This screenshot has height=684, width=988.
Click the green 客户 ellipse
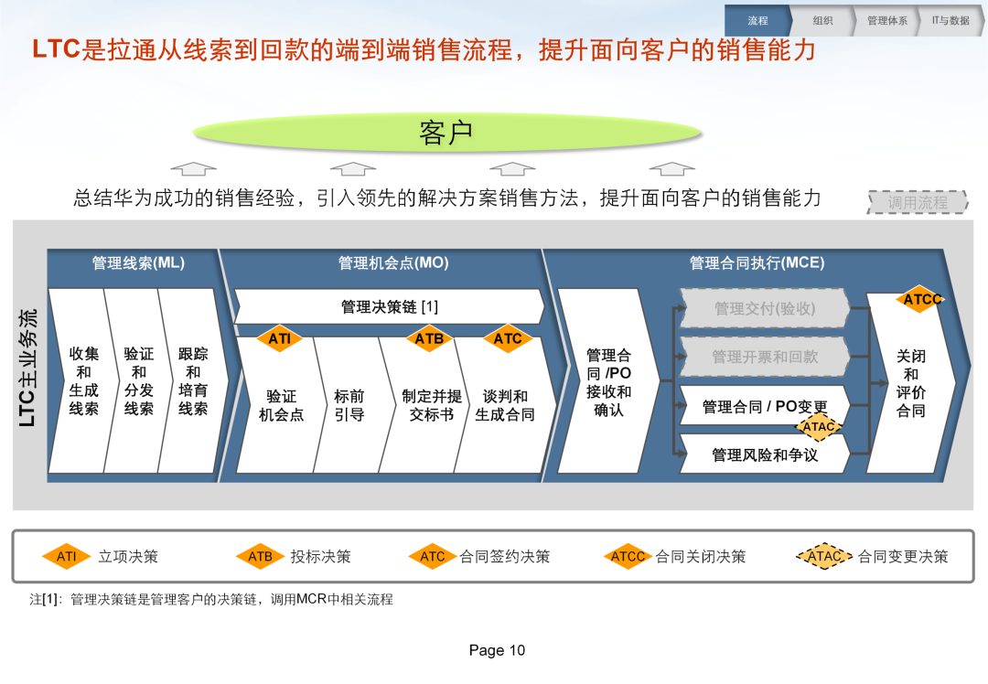tap(446, 133)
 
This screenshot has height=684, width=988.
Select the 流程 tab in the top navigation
tap(757, 21)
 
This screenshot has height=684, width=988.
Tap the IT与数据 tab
tap(950, 21)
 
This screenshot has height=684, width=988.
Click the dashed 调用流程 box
tap(918, 202)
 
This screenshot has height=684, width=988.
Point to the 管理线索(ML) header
tap(138, 262)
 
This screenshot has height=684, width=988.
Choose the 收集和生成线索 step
tap(83, 380)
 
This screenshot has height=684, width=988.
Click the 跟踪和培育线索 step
tap(193, 380)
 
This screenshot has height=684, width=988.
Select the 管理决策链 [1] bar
tap(389, 306)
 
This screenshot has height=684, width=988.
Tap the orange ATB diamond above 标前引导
tap(429, 339)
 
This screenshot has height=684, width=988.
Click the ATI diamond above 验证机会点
tap(280, 339)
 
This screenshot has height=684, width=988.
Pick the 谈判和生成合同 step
tap(505, 405)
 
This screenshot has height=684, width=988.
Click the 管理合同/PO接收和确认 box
tap(608, 381)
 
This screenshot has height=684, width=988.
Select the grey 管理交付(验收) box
tap(764, 308)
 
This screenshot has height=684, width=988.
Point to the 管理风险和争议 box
tap(764, 454)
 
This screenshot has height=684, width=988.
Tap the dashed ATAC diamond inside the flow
tap(819, 426)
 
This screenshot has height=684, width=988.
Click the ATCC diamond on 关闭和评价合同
tap(921, 299)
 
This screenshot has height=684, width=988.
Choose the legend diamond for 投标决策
tap(260, 556)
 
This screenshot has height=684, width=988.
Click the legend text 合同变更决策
tap(903, 556)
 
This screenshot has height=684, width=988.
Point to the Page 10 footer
tap(497, 650)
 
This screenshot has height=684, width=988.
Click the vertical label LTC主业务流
tap(27, 368)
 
